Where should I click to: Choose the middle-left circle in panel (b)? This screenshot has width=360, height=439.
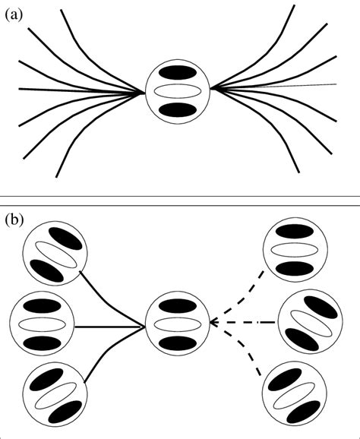coord(43,324)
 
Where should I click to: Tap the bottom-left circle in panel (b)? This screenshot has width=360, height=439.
coord(55,393)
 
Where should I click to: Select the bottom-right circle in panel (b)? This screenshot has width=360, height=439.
coord(293,393)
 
